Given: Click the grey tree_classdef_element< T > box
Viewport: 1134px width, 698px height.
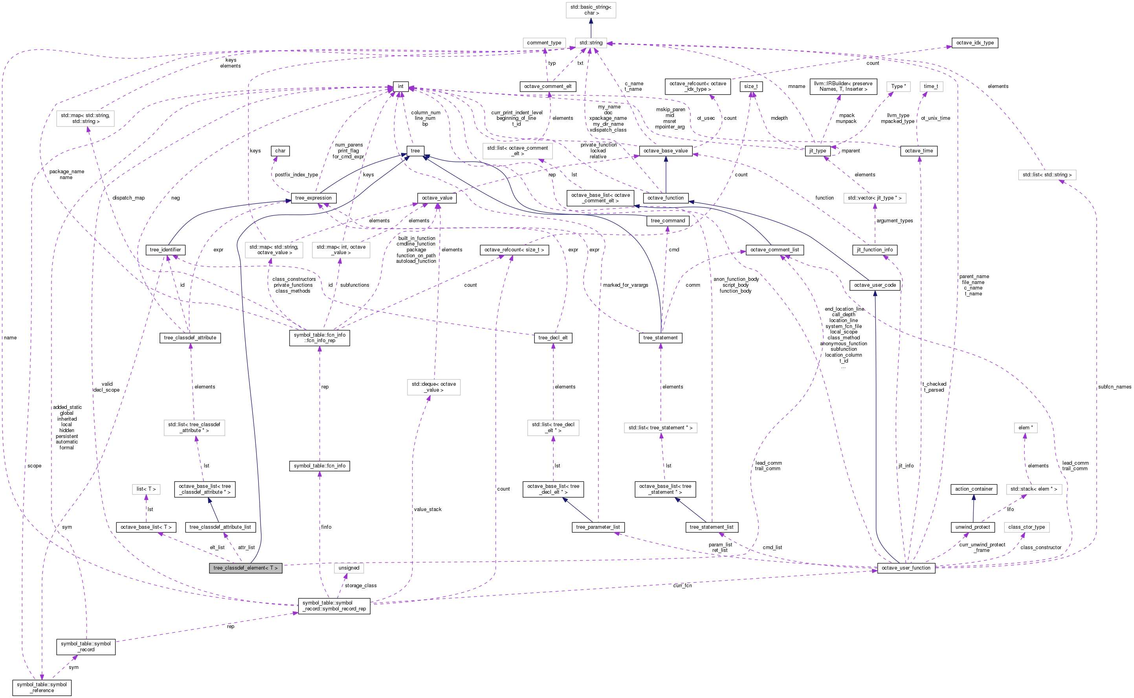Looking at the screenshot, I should (245, 568).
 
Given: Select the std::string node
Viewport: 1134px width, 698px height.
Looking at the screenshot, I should (591, 42).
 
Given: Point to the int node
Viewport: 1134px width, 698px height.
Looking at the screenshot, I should (400, 86).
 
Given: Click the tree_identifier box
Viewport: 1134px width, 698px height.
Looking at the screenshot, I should (165, 250).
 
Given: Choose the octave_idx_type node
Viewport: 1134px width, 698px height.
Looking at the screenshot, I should (975, 42).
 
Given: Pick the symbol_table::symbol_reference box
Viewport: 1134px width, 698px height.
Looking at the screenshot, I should (42, 687).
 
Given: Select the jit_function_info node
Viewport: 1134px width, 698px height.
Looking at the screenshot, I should (875, 250).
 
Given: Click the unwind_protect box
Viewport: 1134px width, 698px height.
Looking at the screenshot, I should (973, 527).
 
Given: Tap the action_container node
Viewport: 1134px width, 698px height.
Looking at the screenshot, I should (973, 489).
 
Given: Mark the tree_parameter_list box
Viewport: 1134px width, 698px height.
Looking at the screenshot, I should (598, 527).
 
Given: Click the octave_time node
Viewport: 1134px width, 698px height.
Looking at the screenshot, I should (918, 151).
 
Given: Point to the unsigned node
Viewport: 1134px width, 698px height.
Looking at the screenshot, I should (349, 568).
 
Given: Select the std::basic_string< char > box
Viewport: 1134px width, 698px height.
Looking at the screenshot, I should (591, 10).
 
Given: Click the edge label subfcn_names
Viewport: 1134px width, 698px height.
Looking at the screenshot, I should (1114, 387).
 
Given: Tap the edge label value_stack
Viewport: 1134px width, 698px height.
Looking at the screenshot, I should (428, 509).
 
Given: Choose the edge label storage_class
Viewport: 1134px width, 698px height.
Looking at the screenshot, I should (361, 585).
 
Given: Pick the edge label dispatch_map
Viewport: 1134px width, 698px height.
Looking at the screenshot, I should (128, 198).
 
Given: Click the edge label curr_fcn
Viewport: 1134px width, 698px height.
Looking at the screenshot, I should (682, 585).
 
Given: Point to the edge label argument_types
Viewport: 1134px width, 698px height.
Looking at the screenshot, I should (894, 221).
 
